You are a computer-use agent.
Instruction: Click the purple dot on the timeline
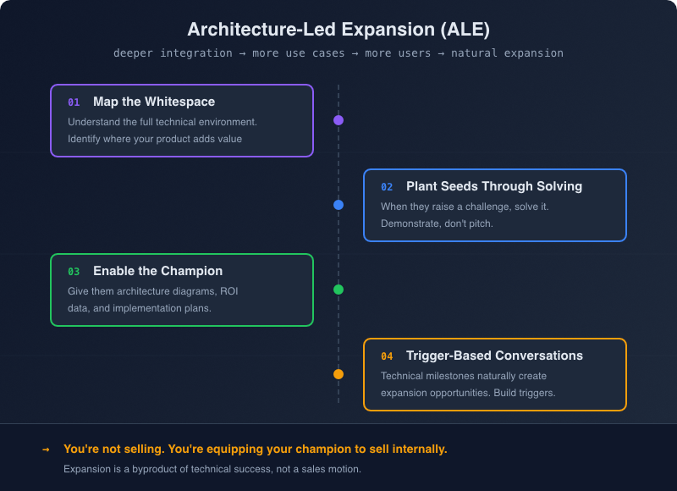tap(338, 120)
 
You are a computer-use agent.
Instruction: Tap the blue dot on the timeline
tap(338, 205)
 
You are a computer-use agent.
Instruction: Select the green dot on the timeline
tap(338, 290)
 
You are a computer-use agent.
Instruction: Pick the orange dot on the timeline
tap(338, 374)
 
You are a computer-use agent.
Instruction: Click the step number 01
tap(74, 102)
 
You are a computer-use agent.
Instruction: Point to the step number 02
tap(387, 187)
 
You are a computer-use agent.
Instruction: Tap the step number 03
tap(74, 272)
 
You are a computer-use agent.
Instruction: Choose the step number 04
tap(387, 356)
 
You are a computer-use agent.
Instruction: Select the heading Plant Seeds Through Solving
tap(494, 186)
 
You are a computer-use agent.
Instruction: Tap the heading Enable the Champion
tap(157, 271)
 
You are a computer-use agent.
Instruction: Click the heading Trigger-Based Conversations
tap(494, 356)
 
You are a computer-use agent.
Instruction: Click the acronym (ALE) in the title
tap(465, 29)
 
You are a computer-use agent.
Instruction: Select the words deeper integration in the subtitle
tap(173, 53)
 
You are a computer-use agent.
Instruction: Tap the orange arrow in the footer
tap(46, 450)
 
